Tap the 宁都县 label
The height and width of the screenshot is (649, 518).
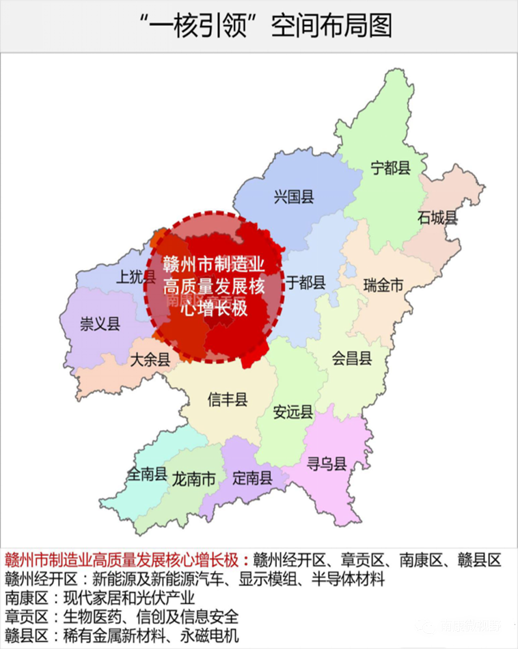click(390, 167)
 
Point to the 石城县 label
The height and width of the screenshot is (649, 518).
click(437, 217)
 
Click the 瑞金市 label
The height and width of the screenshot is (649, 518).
click(383, 285)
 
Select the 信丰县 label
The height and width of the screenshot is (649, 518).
click(228, 399)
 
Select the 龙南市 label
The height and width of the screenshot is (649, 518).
click(194, 479)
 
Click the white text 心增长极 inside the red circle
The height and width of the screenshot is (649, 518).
click(213, 308)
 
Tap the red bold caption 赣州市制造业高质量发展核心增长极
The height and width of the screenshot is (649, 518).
click(122, 560)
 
